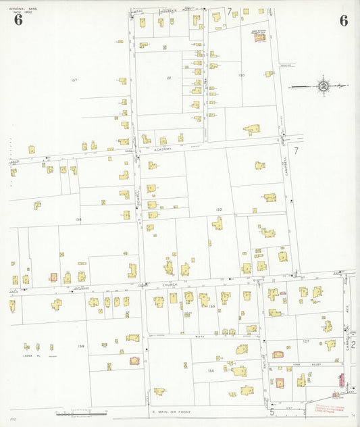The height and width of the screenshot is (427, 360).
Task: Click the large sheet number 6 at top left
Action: tap(18, 20)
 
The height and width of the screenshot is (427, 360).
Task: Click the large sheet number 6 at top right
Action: tap(344, 20)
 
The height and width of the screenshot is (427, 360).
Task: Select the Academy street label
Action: tap(162, 149)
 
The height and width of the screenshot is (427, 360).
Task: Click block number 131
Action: tap(168, 78)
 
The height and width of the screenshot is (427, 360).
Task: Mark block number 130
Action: tap(241, 75)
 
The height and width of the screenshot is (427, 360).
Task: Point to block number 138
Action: tap(79, 220)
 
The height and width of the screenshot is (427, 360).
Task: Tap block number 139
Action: tap(80, 347)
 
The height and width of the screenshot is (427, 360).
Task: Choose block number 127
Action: tap(306, 341)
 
